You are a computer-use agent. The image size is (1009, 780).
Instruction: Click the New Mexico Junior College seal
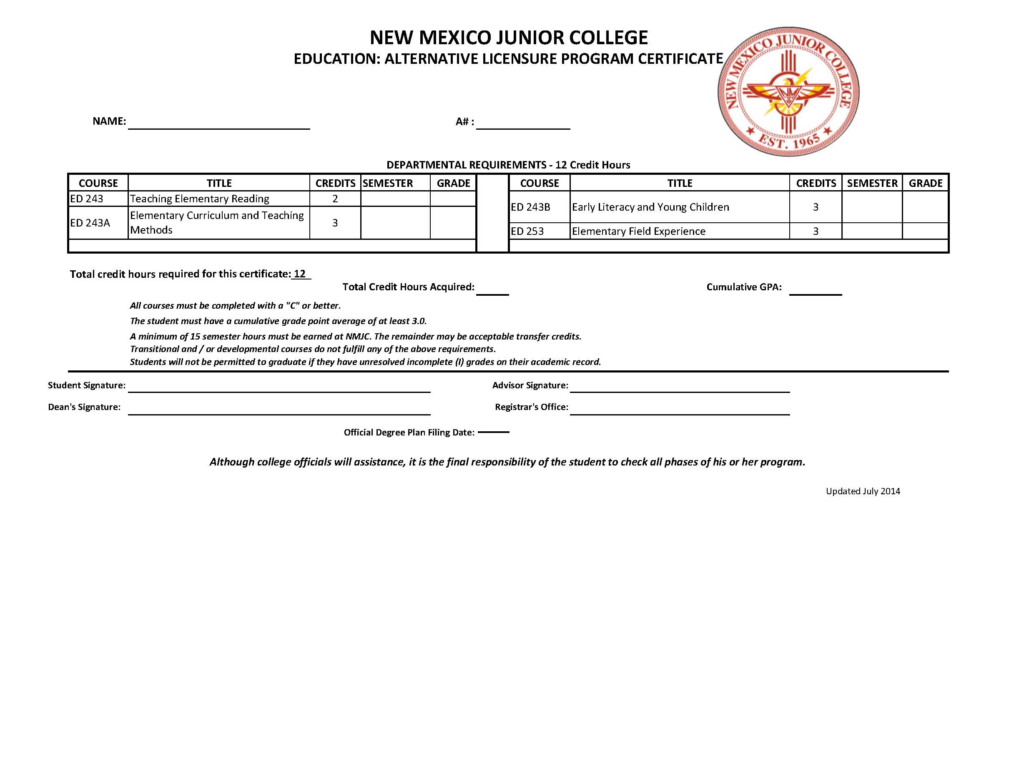coord(788,91)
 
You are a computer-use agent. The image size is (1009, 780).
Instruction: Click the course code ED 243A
coord(90,223)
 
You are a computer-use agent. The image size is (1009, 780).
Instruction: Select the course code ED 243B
coord(530,207)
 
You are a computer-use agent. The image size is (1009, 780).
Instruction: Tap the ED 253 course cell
coord(527,231)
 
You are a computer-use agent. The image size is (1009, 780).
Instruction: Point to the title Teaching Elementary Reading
coord(200,199)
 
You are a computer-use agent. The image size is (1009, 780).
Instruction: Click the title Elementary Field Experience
coord(638,231)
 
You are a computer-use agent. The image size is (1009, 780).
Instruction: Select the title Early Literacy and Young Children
coord(650,207)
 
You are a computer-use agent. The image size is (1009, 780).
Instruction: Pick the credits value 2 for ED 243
coord(335,199)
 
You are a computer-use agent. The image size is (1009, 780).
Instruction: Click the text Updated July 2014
coord(863,491)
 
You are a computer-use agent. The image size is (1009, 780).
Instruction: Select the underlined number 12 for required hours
coord(300,274)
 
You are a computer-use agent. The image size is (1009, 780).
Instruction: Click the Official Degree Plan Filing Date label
coord(409,433)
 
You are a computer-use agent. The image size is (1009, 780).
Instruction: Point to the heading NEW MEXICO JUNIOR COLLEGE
coord(509,38)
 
